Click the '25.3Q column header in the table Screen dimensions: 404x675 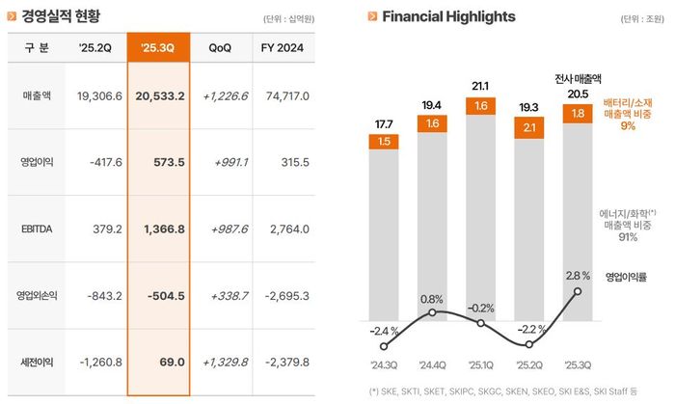155,47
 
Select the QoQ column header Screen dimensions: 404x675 220,47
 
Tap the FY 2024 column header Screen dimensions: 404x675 284,47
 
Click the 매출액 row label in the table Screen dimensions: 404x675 38,96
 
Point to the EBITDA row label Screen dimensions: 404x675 38,229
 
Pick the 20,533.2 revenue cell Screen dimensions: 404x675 160,96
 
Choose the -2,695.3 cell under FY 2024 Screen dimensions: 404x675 286,295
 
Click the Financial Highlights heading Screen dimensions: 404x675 447,16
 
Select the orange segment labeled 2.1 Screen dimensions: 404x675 529,126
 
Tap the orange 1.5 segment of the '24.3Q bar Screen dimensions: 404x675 385,142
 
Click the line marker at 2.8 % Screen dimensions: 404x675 578,290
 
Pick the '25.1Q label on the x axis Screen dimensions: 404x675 481,365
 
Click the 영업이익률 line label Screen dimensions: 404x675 629,277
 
